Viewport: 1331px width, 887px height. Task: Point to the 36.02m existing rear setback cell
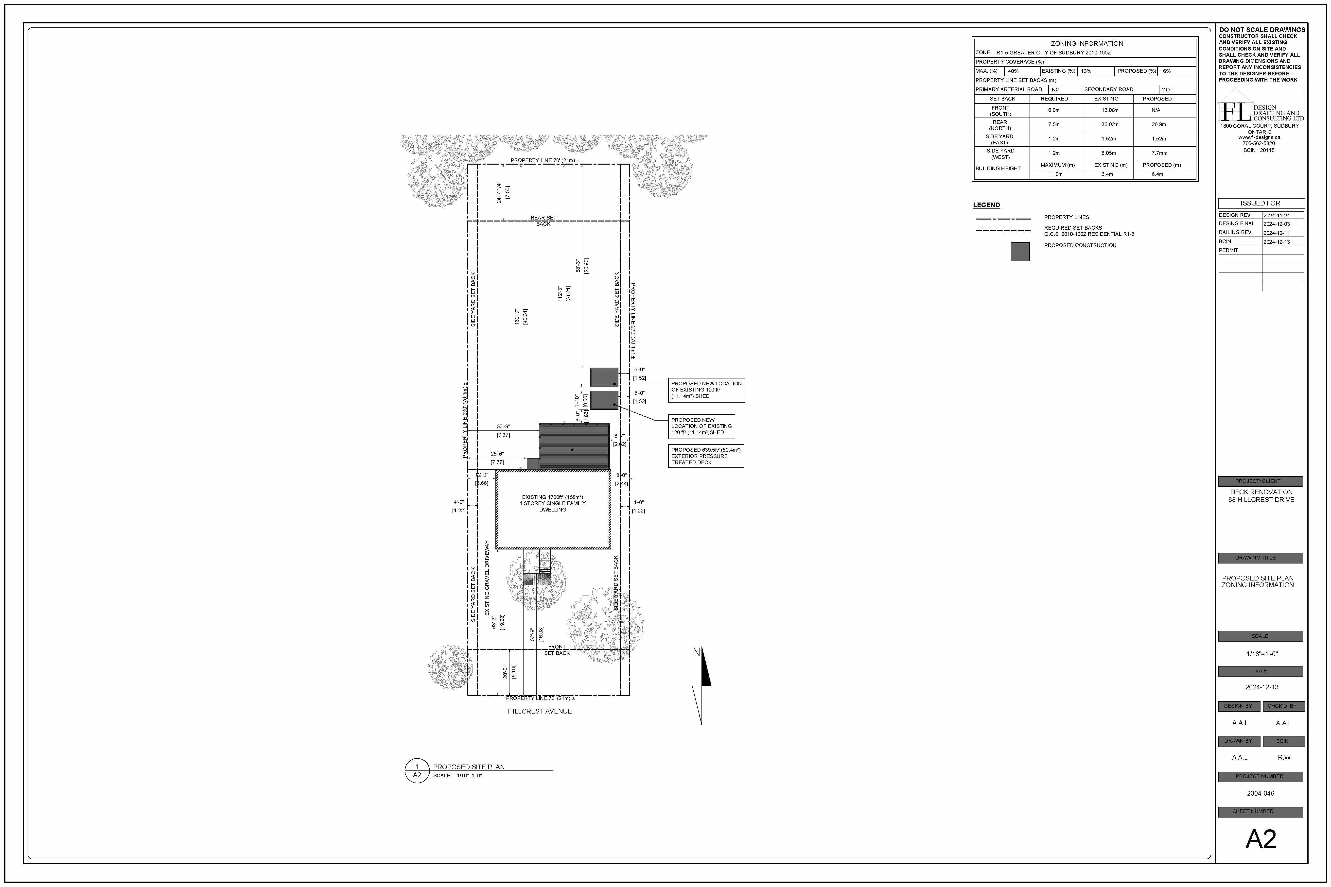tap(1109, 124)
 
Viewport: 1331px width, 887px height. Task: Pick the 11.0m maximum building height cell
tap(1055, 174)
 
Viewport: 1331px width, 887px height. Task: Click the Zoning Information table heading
tap(1086, 44)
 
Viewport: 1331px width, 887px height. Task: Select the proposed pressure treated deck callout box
tap(706, 456)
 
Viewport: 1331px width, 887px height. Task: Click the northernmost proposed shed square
tap(604, 377)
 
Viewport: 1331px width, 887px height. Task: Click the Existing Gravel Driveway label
tap(487, 578)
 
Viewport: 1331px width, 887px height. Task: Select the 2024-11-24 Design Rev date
tap(1277, 216)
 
